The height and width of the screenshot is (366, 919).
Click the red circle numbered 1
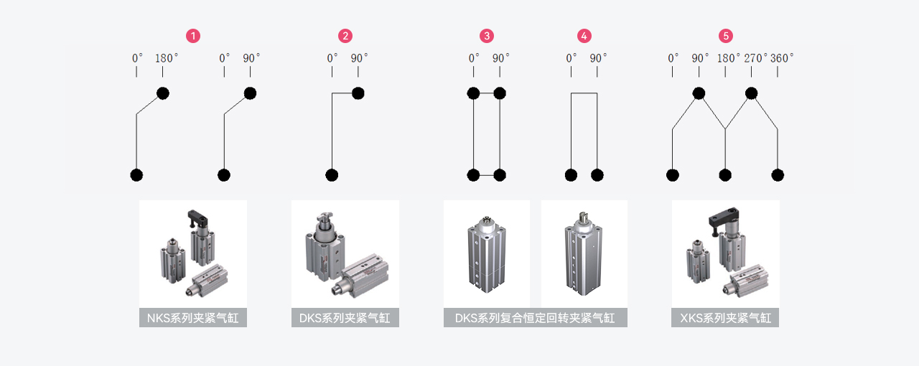pos(192,36)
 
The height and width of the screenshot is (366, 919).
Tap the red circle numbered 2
pos(345,36)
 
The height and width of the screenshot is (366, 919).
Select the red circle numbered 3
pos(487,36)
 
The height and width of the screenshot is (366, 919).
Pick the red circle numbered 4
pos(584,36)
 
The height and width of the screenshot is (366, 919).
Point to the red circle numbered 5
pos(726,36)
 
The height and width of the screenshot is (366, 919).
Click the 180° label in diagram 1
pos(166,58)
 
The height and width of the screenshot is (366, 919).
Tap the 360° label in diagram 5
pos(782,58)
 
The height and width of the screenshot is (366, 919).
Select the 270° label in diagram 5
pos(755,58)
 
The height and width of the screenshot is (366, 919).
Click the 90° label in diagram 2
pos(359,58)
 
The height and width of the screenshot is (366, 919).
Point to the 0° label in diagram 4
pos(572,58)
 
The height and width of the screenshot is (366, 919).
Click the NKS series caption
pos(192,318)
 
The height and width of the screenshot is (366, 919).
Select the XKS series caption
pos(725,318)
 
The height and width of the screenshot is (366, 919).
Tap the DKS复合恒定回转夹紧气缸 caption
pos(535,318)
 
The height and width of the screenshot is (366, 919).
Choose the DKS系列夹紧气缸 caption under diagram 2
pos(345,318)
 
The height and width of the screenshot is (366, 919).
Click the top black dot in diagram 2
pos(358,93)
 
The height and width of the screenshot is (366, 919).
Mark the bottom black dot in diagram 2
pos(332,175)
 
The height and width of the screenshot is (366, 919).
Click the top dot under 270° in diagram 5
pos(751,93)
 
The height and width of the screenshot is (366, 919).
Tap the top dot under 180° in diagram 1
pos(163,93)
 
